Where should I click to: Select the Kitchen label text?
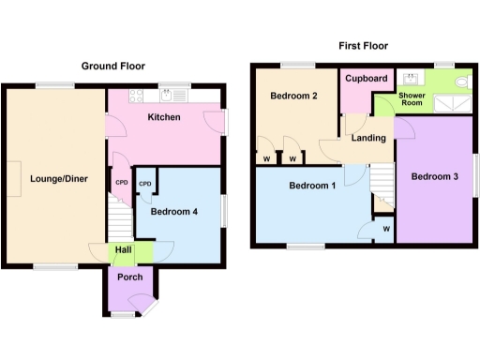(165, 118)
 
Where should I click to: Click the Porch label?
(129, 277)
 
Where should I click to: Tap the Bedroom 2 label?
(293, 97)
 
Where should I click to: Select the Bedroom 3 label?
(434, 178)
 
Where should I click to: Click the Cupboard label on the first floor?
(367, 79)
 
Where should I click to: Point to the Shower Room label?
(412, 98)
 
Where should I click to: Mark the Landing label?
(368, 139)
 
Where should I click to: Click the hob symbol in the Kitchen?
(135, 94)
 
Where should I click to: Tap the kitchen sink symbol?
(173, 94)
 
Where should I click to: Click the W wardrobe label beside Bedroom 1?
(386, 228)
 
